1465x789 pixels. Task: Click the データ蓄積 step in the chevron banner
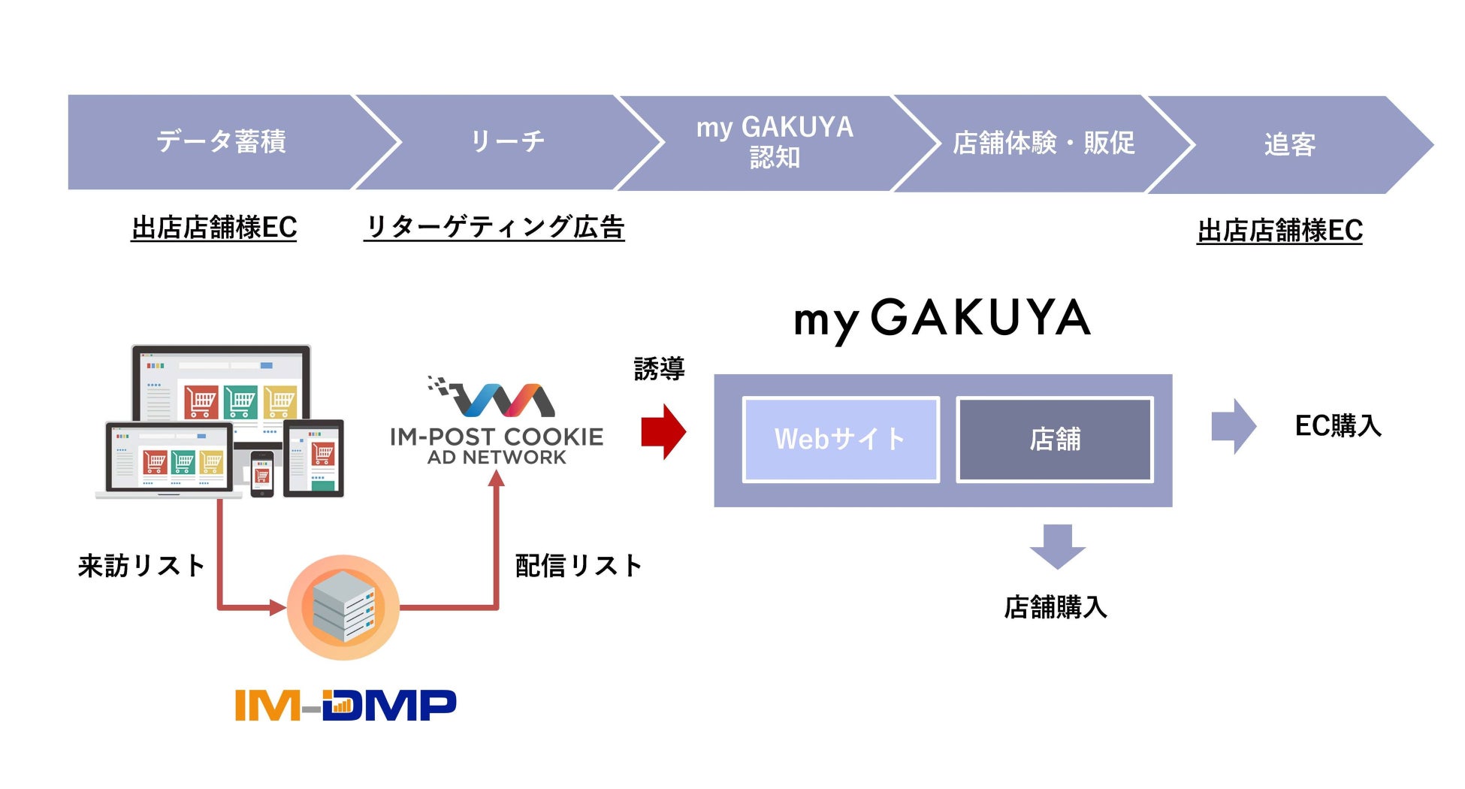click(221, 141)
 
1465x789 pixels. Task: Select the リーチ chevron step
click(507, 141)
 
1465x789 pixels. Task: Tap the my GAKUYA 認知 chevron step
click(775, 142)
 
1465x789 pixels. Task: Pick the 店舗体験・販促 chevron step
click(1043, 143)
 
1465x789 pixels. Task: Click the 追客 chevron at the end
click(1289, 144)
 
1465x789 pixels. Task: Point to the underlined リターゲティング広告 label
click(494, 227)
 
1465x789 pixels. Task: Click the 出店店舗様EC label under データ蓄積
click(214, 228)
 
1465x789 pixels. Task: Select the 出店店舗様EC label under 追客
click(1279, 231)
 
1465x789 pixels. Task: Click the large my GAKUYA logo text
click(942, 319)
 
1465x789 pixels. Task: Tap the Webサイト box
click(841, 439)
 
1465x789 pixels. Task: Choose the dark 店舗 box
click(1055, 439)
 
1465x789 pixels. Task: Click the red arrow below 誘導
click(663, 431)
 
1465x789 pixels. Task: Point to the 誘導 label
click(659, 369)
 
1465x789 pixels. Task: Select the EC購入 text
click(1338, 426)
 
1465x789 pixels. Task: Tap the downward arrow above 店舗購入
click(1057, 546)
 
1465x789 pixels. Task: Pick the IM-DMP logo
click(346, 705)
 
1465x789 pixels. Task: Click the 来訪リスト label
click(141, 566)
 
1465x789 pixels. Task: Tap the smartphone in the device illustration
click(261, 473)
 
